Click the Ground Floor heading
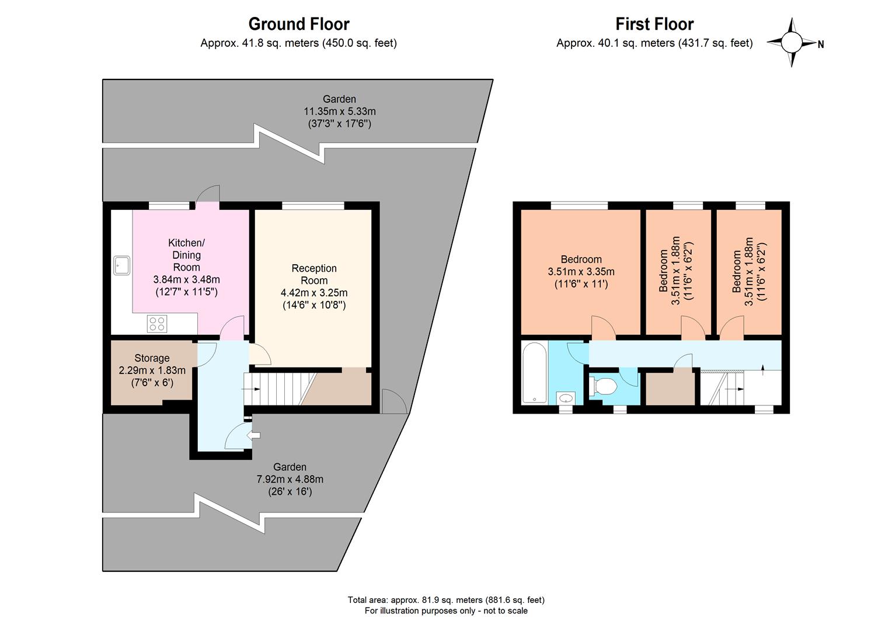tap(298, 24)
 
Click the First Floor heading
tap(654, 24)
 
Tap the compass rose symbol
tap(792, 43)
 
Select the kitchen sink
tap(122, 265)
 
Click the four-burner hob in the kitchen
tap(157, 324)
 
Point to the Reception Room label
tap(314, 274)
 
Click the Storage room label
tap(152, 358)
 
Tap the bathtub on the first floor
tap(534, 373)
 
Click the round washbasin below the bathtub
tap(566, 398)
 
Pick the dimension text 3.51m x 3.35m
tap(581, 272)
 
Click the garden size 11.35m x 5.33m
tap(339, 111)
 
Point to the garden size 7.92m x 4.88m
tap(290, 479)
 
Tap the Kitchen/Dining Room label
tap(186, 255)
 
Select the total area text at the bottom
tap(446, 599)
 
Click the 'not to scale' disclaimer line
tap(446, 611)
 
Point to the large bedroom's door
tap(604, 327)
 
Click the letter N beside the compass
tap(821, 44)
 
